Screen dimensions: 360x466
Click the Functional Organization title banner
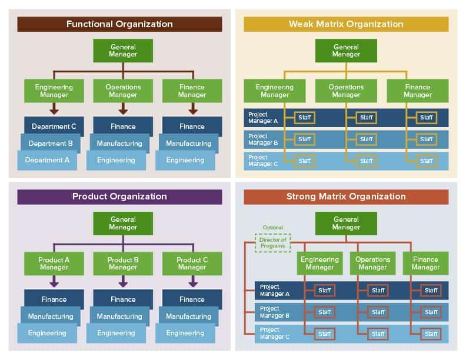[119, 24]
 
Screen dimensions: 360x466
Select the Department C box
[54, 126]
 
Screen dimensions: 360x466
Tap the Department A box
[47, 160]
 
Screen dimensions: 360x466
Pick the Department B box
[51, 143]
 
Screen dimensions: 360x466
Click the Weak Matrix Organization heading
[346, 24]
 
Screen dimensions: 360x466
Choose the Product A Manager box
[54, 264]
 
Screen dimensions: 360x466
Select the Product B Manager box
[123, 264]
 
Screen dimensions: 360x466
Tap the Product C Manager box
[192, 264]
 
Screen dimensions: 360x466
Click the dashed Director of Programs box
[272, 242]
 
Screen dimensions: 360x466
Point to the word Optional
[272, 228]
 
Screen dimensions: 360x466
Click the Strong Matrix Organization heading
[346, 196]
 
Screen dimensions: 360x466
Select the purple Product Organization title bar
[119, 196]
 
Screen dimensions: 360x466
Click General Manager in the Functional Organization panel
[123, 51]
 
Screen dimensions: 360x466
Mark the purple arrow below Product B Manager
[123, 282]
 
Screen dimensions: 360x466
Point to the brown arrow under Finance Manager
[192, 109]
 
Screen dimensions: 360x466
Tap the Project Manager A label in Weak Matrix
[262, 118]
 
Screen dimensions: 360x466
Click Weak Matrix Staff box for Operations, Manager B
[367, 139]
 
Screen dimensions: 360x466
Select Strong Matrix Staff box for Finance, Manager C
[431, 334]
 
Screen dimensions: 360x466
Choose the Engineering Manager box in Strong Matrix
[319, 264]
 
